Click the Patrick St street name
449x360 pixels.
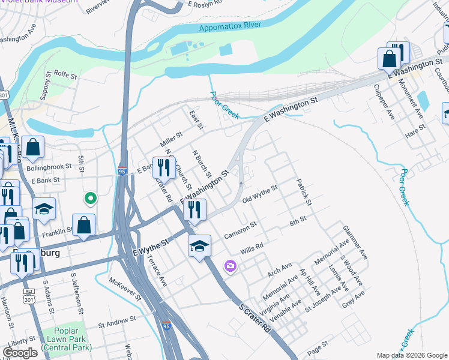[304, 192]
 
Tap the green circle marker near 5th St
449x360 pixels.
[90, 197]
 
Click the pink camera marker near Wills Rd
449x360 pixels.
[230, 266]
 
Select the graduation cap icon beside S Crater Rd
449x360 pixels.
[199, 246]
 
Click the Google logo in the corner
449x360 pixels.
[20, 353]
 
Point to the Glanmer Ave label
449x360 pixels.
[355, 242]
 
